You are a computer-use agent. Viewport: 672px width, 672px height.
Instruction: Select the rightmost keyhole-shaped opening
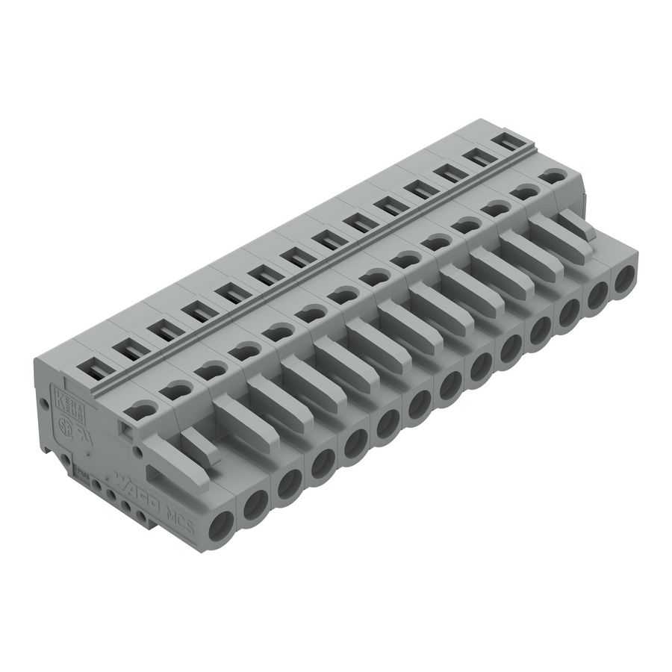click(x=553, y=177)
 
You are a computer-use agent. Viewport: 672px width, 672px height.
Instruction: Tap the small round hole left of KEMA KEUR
click(x=43, y=403)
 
